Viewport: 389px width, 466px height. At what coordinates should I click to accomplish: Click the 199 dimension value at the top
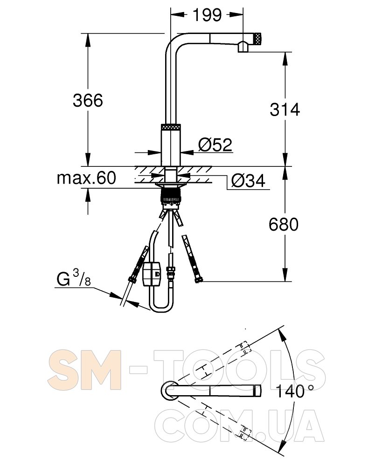pos(207,14)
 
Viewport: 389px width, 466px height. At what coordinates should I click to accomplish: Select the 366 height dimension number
pos(88,100)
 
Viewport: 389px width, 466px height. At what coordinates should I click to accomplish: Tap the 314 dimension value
pos(285,110)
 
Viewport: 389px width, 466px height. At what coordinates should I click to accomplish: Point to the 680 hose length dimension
pos(284,225)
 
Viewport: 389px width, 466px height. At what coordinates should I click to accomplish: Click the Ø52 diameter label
pos(215,145)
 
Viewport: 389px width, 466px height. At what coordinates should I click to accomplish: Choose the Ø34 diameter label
pos(248,180)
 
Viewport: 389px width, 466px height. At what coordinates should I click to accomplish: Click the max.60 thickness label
pos(86,178)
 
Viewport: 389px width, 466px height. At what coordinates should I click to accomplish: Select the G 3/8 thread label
pos(73,278)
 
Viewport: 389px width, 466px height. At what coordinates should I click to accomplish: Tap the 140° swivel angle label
pos(295,391)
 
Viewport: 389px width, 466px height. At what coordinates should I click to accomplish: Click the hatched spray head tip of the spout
pos(257,39)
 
